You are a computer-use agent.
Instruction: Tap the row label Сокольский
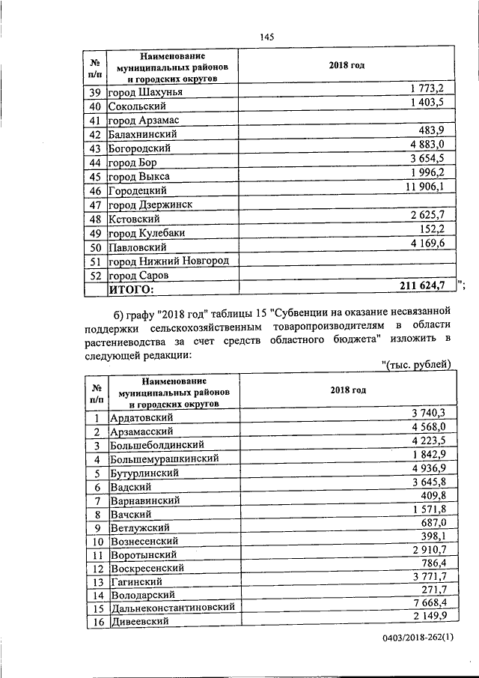pos(137,106)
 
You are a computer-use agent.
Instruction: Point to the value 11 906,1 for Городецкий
pos(424,187)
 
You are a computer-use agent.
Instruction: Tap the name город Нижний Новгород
pos(168,261)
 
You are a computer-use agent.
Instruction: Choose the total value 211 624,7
pos(418,285)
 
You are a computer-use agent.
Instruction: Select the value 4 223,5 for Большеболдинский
pos(428,441)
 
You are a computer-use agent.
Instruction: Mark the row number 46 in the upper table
pos(95,191)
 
